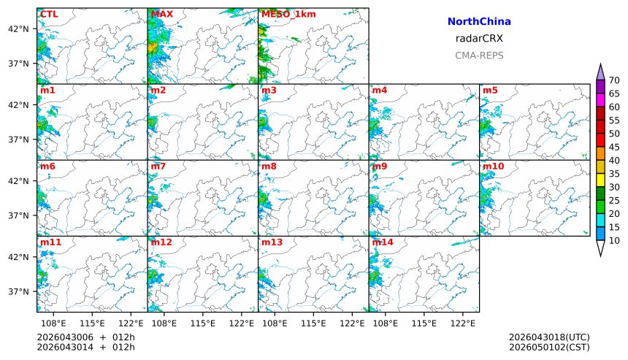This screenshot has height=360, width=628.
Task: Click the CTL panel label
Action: [x=49, y=15]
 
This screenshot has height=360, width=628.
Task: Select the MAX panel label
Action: [x=161, y=15]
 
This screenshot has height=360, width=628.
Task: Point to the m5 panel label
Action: [x=489, y=91]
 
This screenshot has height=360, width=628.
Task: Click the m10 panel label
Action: [x=492, y=166]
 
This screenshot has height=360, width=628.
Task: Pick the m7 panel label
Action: [x=158, y=166]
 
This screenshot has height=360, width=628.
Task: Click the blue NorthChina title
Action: [x=479, y=22]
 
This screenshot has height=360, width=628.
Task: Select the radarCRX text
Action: [x=479, y=39]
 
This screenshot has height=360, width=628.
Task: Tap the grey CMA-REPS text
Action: [x=479, y=55]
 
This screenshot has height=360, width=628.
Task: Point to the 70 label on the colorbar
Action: [x=614, y=80]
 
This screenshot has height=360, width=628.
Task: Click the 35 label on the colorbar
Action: [x=614, y=174]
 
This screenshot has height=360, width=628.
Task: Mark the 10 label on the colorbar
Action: [x=614, y=240]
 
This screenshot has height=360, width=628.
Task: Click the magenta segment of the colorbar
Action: [x=600, y=99]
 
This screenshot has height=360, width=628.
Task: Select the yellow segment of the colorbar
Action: [x=600, y=180]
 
